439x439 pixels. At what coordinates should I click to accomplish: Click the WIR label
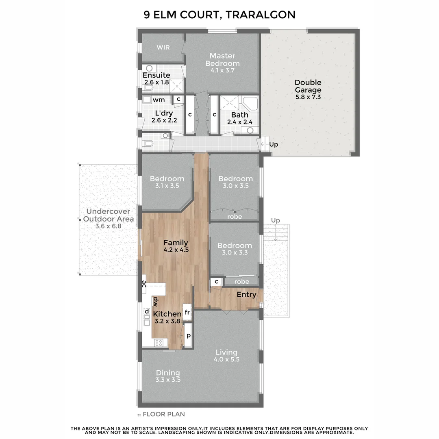click(x=163, y=48)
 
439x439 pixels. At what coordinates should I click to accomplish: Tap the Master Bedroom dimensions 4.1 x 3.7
click(x=222, y=70)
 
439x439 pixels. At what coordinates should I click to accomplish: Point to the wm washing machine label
click(x=159, y=100)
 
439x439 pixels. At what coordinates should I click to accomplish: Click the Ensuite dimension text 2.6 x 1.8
click(x=157, y=83)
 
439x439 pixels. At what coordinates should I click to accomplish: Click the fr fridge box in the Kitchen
click(x=187, y=313)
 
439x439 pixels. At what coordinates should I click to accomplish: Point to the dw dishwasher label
click(x=156, y=302)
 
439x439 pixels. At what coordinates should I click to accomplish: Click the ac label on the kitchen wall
click(x=144, y=284)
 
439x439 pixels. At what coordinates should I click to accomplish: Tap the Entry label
click(x=246, y=295)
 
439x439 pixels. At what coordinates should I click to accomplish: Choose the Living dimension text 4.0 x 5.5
click(x=226, y=359)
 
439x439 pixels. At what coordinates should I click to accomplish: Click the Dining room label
click(x=168, y=373)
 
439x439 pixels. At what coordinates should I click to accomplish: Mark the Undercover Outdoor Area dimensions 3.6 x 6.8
click(x=109, y=226)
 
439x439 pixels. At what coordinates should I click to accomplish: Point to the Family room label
click(x=176, y=243)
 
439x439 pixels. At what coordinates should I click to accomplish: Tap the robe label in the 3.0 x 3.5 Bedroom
click(x=235, y=217)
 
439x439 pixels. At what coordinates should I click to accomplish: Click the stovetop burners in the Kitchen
click(x=159, y=342)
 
